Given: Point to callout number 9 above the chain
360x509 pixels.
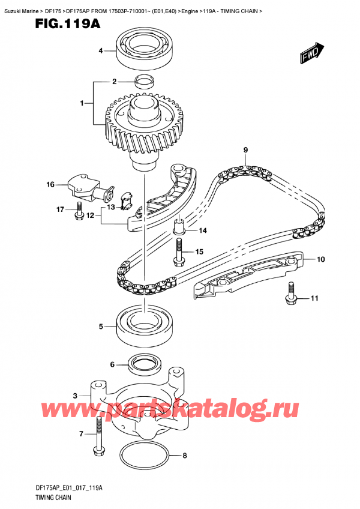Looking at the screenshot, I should (x=245, y=149).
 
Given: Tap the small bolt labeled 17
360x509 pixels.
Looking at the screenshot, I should (x=79, y=213).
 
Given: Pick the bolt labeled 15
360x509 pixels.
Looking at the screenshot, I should (x=178, y=251).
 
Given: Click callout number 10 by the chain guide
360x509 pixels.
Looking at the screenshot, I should (x=320, y=260).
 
